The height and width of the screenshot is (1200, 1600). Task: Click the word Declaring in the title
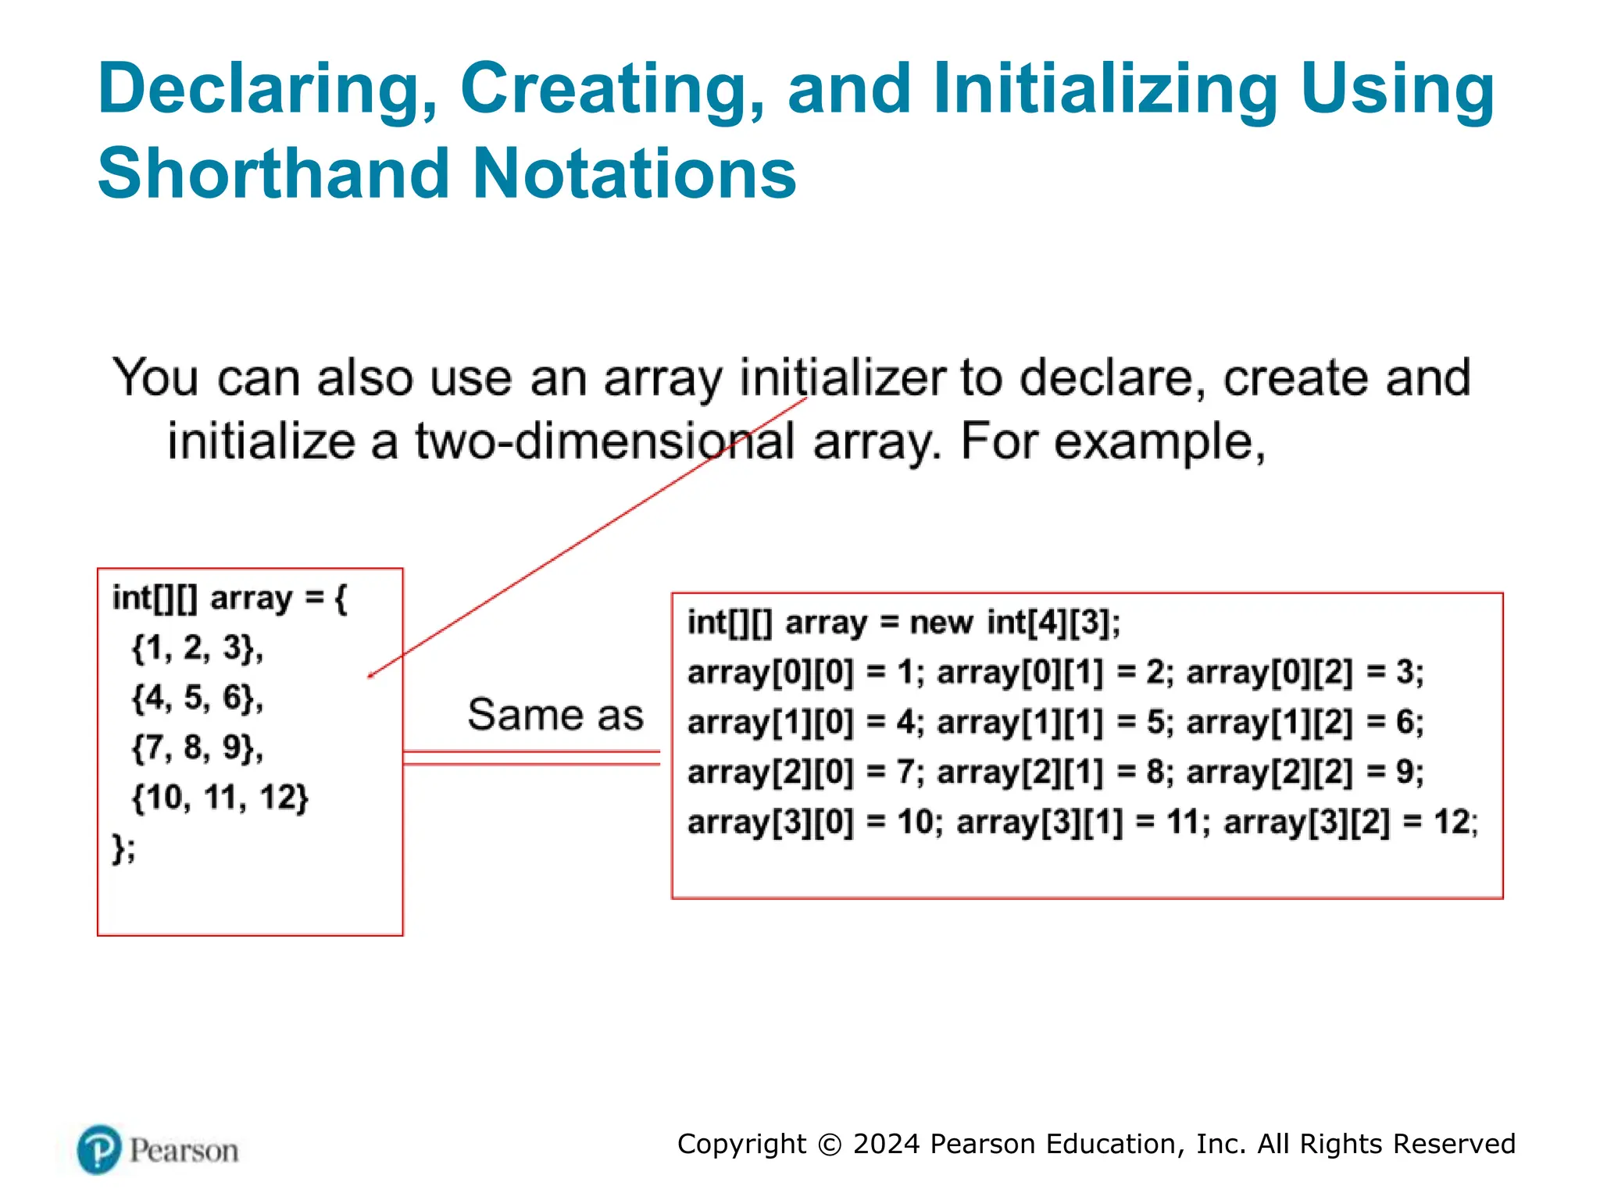point(266,89)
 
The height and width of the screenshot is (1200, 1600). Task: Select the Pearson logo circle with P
point(99,1149)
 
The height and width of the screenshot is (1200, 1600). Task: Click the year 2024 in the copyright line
point(887,1144)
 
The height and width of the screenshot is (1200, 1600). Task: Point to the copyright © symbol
point(829,1145)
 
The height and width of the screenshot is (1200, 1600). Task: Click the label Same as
point(555,714)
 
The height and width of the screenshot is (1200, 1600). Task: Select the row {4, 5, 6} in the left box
point(197,697)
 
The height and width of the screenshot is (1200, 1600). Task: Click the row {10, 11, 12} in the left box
point(220,797)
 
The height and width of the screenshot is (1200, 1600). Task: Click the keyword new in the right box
point(941,623)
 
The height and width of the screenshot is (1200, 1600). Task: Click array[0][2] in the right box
point(1269,673)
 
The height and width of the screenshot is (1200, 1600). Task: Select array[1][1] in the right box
point(1020,723)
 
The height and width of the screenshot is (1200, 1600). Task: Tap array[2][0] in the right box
point(770,773)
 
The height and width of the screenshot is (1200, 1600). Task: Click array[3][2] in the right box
point(1306,823)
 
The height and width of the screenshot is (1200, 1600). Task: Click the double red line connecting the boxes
point(531,758)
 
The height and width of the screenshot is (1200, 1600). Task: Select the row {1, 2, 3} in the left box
point(197,648)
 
